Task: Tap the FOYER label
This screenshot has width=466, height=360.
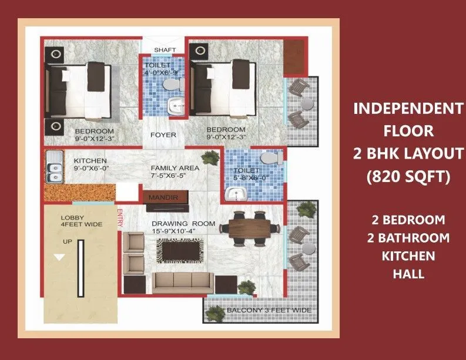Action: [163, 134]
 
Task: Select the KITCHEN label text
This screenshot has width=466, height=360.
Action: [90, 160]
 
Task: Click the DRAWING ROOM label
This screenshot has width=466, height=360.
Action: [183, 223]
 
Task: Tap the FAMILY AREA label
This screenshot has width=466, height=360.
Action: [175, 167]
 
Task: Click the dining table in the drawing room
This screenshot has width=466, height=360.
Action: [253, 226]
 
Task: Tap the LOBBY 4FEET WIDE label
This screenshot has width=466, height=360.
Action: [81, 221]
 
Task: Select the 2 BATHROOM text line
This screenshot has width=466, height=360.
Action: [408, 238]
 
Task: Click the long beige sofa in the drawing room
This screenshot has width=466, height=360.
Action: [183, 282]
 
